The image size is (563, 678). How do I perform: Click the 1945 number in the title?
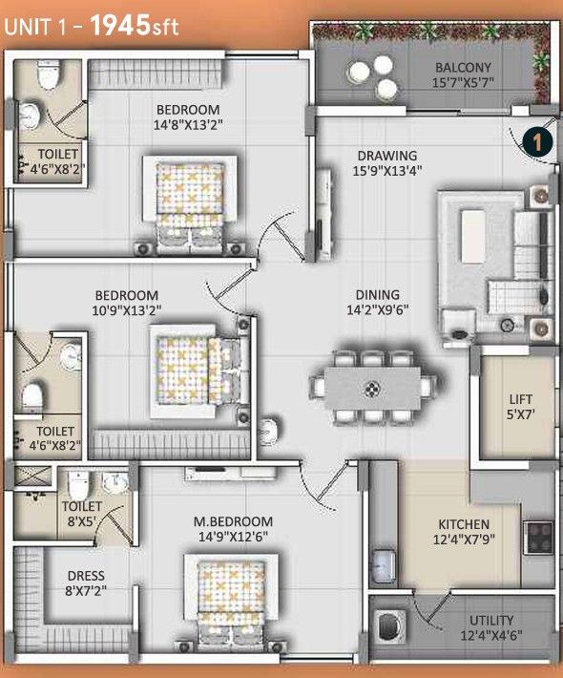tap(120, 25)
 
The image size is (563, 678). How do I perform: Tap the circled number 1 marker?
tap(537, 142)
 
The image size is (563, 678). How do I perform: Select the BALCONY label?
tap(463, 68)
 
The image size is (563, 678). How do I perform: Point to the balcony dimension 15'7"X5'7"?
tap(463, 82)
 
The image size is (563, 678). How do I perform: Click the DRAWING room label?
tap(387, 156)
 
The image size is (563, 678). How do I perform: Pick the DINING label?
tap(377, 295)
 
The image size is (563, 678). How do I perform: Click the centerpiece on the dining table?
tap(371, 390)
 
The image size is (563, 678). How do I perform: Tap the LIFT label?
tap(521, 399)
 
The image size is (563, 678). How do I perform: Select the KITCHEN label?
tap(464, 524)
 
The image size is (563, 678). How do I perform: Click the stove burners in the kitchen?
tap(538, 538)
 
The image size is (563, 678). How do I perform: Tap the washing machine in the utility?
tap(389, 625)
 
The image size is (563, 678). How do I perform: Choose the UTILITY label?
tap(491, 621)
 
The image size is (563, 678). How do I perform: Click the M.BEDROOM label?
tap(233, 521)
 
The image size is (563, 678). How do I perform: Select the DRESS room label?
tap(86, 576)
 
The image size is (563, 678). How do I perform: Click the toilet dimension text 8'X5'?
tap(82, 520)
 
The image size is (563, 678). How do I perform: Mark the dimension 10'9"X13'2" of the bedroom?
tap(127, 310)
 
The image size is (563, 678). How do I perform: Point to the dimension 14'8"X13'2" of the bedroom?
tap(188, 125)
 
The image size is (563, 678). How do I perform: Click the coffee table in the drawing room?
tap(472, 236)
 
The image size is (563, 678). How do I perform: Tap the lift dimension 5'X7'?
tap(521, 414)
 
